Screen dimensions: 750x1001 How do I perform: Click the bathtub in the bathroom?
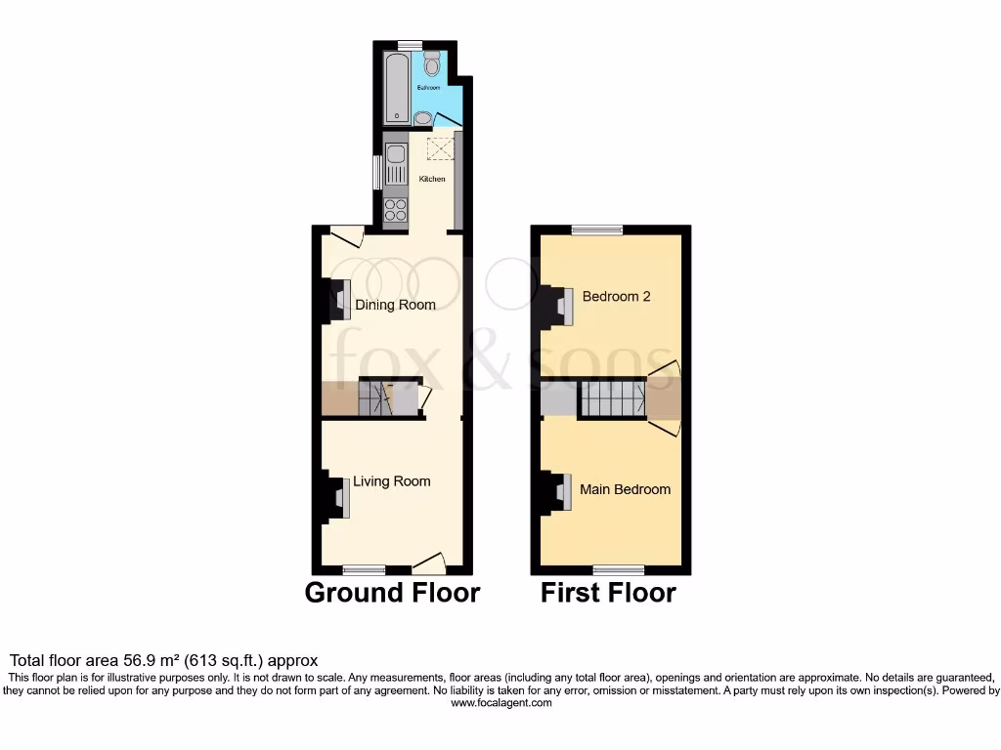click(396, 88)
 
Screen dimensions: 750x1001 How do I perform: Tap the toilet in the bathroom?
click(432, 64)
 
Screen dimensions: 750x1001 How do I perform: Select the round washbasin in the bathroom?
click(422, 118)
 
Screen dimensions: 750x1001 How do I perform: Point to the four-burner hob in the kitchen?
click(395, 209)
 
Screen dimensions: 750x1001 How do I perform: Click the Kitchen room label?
click(432, 180)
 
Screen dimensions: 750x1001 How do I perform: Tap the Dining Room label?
click(395, 305)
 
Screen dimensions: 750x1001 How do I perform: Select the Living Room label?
click(391, 481)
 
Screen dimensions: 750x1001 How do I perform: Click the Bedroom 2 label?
click(616, 296)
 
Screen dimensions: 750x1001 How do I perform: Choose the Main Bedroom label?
click(625, 489)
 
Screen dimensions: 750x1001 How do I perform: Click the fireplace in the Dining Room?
click(337, 301)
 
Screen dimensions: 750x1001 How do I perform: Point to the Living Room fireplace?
click(337, 497)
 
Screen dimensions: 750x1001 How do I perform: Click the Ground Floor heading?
click(392, 593)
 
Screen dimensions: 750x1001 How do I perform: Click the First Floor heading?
click(608, 593)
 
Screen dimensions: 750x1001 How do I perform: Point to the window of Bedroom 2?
click(597, 230)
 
